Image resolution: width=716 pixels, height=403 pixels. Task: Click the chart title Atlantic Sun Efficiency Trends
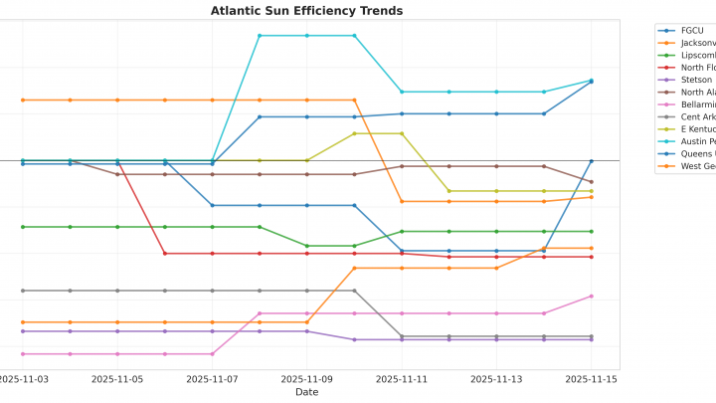(306, 11)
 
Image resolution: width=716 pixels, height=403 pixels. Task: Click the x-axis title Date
(306, 392)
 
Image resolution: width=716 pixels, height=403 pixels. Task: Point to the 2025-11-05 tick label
(117, 379)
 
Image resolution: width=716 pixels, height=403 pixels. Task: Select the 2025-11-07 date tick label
(212, 379)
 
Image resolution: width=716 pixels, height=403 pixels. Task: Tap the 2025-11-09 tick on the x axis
(306, 379)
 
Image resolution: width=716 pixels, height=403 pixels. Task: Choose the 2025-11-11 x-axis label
(402, 379)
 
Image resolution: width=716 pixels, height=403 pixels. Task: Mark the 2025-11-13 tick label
(496, 379)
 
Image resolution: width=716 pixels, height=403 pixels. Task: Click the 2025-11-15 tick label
(591, 379)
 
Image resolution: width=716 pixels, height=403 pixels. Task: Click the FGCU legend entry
(691, 31)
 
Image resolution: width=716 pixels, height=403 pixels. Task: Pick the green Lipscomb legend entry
(696, 55)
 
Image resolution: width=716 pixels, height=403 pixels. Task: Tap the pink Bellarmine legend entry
(696, 104)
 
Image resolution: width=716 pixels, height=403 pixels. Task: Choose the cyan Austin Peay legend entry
(696, 141)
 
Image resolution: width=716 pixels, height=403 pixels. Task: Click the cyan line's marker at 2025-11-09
(306, 36)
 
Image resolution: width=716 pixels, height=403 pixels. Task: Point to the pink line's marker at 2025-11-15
(591, 296)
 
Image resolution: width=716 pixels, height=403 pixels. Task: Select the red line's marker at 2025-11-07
(212, 254)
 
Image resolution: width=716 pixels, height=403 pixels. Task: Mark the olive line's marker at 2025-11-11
(402, 133)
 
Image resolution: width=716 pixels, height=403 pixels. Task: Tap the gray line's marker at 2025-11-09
(306, 291)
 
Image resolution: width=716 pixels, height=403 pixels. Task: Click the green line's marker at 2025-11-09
(306, 246)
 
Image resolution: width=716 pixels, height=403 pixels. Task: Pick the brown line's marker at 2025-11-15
(591, 182)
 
